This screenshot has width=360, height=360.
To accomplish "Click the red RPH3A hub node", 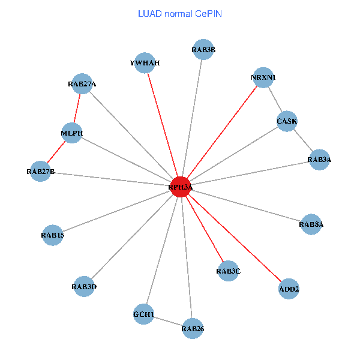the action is tap(181, 187).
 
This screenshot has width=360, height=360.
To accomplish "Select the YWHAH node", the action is tap(145, 62).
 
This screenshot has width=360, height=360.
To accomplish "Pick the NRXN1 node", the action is tap(263, 77).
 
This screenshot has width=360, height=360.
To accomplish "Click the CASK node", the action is tap(287, 121).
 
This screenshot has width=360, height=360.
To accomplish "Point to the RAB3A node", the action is tap(319, 160).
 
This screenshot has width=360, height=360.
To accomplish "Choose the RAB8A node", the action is tap(311, 224).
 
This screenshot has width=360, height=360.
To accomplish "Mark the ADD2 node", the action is tap(289, 289).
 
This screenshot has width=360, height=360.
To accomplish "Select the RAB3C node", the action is tap(228, 271).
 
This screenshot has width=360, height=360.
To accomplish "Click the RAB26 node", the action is tap(193, 328).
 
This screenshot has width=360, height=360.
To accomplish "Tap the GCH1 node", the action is tap(143, 314).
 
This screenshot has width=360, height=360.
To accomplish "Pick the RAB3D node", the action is tap(83, 287).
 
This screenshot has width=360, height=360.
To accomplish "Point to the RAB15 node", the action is tap(53, 235).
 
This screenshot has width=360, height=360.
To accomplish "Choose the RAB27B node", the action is tap(40, 172).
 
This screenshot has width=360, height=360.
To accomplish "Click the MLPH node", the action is tap(71, 133).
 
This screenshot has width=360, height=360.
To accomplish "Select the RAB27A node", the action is tap(82, 84).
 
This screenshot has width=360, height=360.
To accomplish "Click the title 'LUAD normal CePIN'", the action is tap(179, 13).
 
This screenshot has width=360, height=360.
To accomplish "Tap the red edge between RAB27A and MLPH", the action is tap(77, 109).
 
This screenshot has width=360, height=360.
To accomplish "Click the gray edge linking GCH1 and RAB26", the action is tap(168, 322).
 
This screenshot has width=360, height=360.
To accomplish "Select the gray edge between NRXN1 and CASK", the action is tap(275, 99).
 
